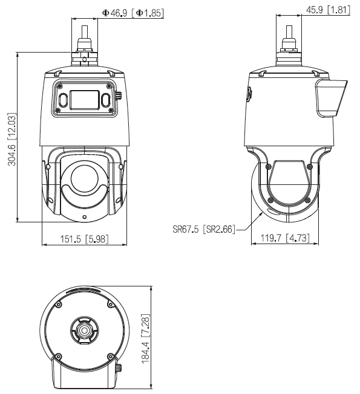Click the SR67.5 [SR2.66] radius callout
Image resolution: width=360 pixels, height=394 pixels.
pos(204,229)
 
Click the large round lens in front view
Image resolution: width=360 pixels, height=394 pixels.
pos(84,178)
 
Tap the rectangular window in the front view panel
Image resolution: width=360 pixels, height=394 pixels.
pos(84,98)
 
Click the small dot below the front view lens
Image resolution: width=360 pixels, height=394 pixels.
pos(84,217)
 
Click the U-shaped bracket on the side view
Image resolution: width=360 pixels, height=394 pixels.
pos(289,181)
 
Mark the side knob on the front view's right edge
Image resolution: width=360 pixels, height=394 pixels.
pos(118,95)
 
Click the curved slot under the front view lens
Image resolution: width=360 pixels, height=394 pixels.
pos(84,202)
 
